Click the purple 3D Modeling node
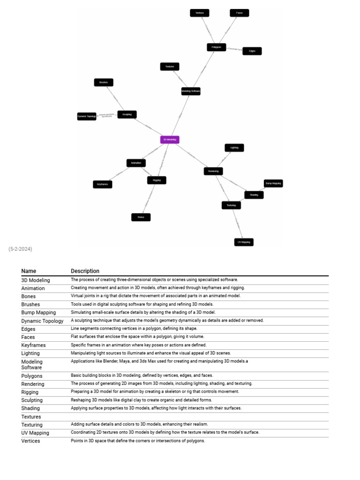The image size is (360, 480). pyautogui.click(x=170, y=139)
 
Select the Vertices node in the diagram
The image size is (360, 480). pyautogui.click(x=200, y=13)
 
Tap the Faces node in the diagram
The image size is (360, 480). pyautogui.click(x=240, y=13)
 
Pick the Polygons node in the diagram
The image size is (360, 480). pyautogui.click(x=216, y=47)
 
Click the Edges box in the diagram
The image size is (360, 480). pyautogui.click(x=252, y=51)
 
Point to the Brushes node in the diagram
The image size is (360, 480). pyautogui.click(x=104, y=82)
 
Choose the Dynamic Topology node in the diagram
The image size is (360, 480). pyautogui.click(x=87, y=116)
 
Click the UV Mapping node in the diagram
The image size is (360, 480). pyautogui.click(x=244, y=242)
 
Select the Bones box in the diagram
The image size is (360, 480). pyautogui.click(x=141, y=217)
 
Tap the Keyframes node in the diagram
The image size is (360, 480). pyautogui.click(x=103, y=184)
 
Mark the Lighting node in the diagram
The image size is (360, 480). pyautogui.click(x=234, y=148)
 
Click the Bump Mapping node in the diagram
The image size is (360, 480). pyautogui.click(x=273, y=183)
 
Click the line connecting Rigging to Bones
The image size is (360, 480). pyautogui.click(x=149, y=198)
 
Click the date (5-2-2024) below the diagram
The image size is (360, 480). pyautogui.click(x=20, y=249)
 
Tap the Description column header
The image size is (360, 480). pyautogui.click(x=85, y=271)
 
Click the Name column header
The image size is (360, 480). pyautogui.click(x=29, y=271)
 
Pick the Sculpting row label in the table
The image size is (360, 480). pyautogui.click(x=32, y=400)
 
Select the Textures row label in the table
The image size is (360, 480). pyautogui.click(x=31, y=417)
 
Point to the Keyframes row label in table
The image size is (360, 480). pyautogui.click(x=33, y=345)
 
